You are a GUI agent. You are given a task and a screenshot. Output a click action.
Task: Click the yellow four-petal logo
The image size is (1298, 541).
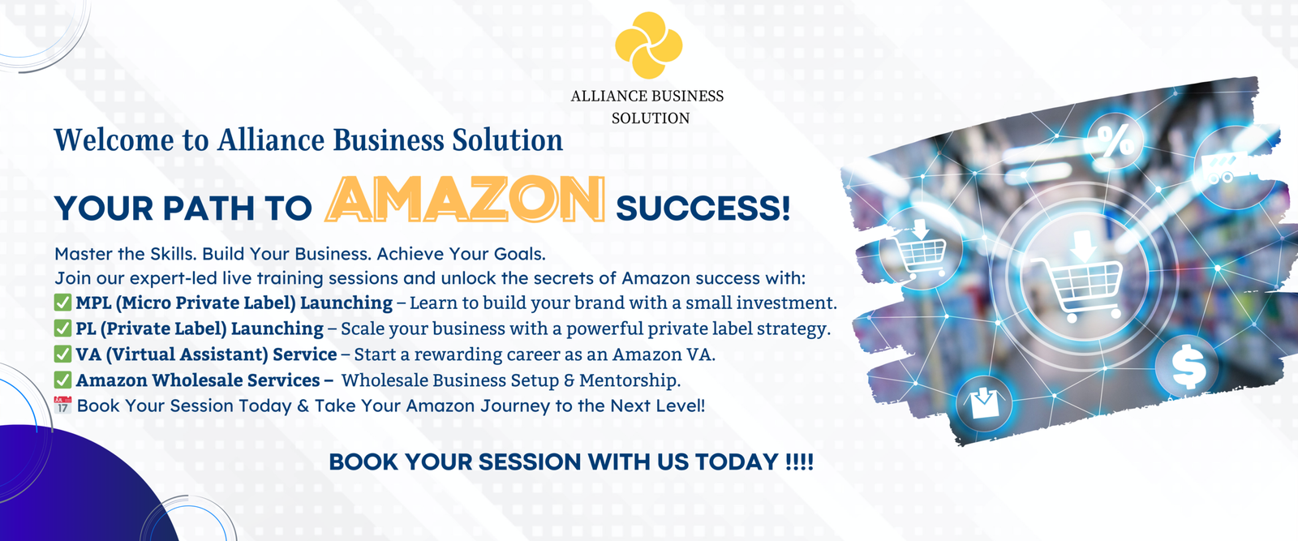[648, 45]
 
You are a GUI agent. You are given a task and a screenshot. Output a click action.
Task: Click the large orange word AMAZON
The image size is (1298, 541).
[466, 200]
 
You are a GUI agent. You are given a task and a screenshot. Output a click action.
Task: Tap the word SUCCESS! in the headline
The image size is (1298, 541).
[703, 208]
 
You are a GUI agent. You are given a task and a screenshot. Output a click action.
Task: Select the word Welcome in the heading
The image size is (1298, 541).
[114, 140]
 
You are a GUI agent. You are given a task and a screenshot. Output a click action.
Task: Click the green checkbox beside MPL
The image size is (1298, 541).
[62, 303]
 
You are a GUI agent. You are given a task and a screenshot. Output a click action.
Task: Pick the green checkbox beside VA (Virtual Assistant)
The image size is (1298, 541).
[62, 354]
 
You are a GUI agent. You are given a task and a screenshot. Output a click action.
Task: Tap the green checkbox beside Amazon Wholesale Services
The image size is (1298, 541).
[62, 380]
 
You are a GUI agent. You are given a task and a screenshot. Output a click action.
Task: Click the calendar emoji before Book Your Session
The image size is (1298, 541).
[62, 405]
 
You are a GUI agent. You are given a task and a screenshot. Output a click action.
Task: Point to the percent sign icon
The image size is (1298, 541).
[1115, 142]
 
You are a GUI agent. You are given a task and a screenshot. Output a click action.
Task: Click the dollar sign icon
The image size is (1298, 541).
[1188, 367]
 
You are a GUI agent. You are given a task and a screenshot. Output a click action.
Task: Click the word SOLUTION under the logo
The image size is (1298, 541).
[651, 118]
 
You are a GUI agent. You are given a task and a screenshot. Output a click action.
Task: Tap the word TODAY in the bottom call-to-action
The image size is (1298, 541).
[737, 462]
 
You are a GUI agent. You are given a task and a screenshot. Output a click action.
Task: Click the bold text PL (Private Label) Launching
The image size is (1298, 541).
[200, 328]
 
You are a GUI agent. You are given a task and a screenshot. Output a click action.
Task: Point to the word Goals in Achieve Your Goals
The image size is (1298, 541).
[519, 254]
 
